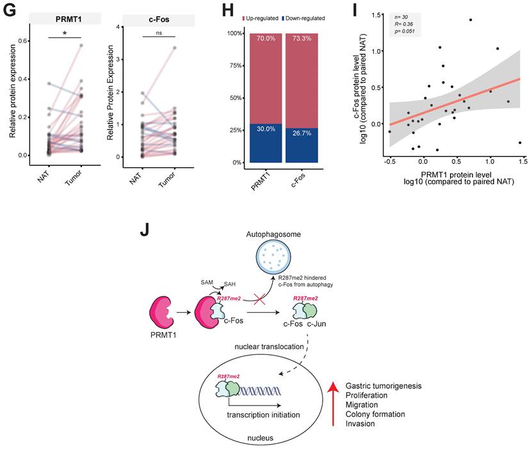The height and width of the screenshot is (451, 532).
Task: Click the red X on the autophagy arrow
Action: pyautogui.click(x=258, y=300)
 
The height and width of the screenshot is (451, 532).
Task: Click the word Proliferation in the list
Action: pyautogui.click(x=368, y=395)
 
